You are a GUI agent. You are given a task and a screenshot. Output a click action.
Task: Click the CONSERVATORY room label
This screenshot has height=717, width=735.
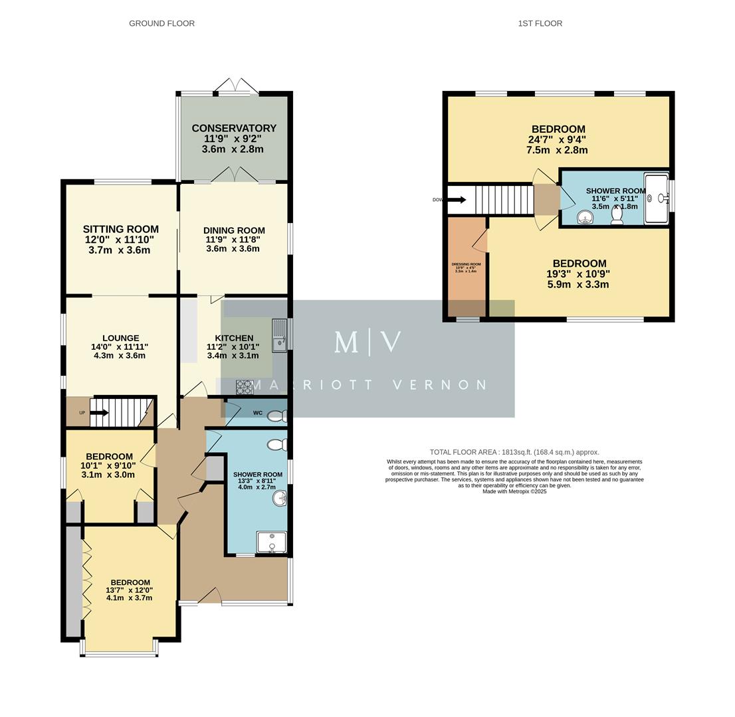[x=234, y=128]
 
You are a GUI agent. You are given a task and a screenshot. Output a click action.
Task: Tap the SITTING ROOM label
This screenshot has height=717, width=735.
[x=120, y=229]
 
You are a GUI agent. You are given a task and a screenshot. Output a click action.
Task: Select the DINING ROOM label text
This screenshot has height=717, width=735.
[x=234, y=230]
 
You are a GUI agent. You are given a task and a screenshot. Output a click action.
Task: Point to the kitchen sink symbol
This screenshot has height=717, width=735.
[x=279, y=335]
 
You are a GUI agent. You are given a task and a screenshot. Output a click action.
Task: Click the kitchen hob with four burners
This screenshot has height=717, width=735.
[x=244, y=387]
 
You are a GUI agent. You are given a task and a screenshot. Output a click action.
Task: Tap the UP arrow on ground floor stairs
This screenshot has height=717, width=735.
[x=98, y=412]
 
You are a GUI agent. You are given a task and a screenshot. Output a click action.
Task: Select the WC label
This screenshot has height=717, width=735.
[x=258, y=413]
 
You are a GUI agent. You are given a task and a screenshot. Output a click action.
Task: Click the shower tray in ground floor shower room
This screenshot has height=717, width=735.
[x=271, y=542]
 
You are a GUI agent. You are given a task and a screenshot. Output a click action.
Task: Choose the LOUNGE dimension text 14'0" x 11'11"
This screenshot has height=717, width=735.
[x=120, y=347]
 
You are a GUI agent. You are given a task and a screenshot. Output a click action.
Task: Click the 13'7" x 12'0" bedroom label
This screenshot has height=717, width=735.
[x=129, y=590]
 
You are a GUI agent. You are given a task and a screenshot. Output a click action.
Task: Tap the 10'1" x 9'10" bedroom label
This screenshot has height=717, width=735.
[x=109, y=465]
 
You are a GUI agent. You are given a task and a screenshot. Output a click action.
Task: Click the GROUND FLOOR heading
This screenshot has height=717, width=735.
[x=161, y=23]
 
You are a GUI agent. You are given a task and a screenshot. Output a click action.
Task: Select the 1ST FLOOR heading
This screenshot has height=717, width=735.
[x=540, y=23]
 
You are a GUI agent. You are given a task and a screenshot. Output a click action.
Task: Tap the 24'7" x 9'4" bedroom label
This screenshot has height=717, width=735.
[x=558, y=139]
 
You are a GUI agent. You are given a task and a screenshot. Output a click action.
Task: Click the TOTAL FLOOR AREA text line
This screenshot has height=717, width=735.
[x=514, y=452]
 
